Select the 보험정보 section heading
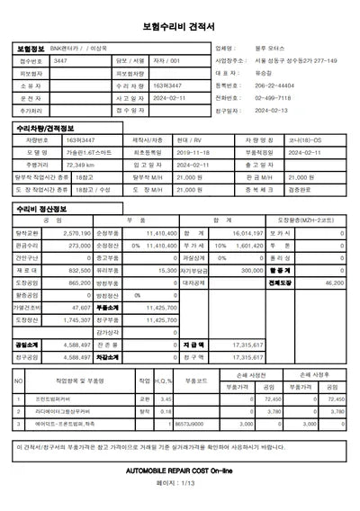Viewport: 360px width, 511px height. tap(30, 48)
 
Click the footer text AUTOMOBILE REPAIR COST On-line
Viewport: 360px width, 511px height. tap(180, 471)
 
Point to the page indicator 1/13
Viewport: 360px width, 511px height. tap(180, 483)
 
